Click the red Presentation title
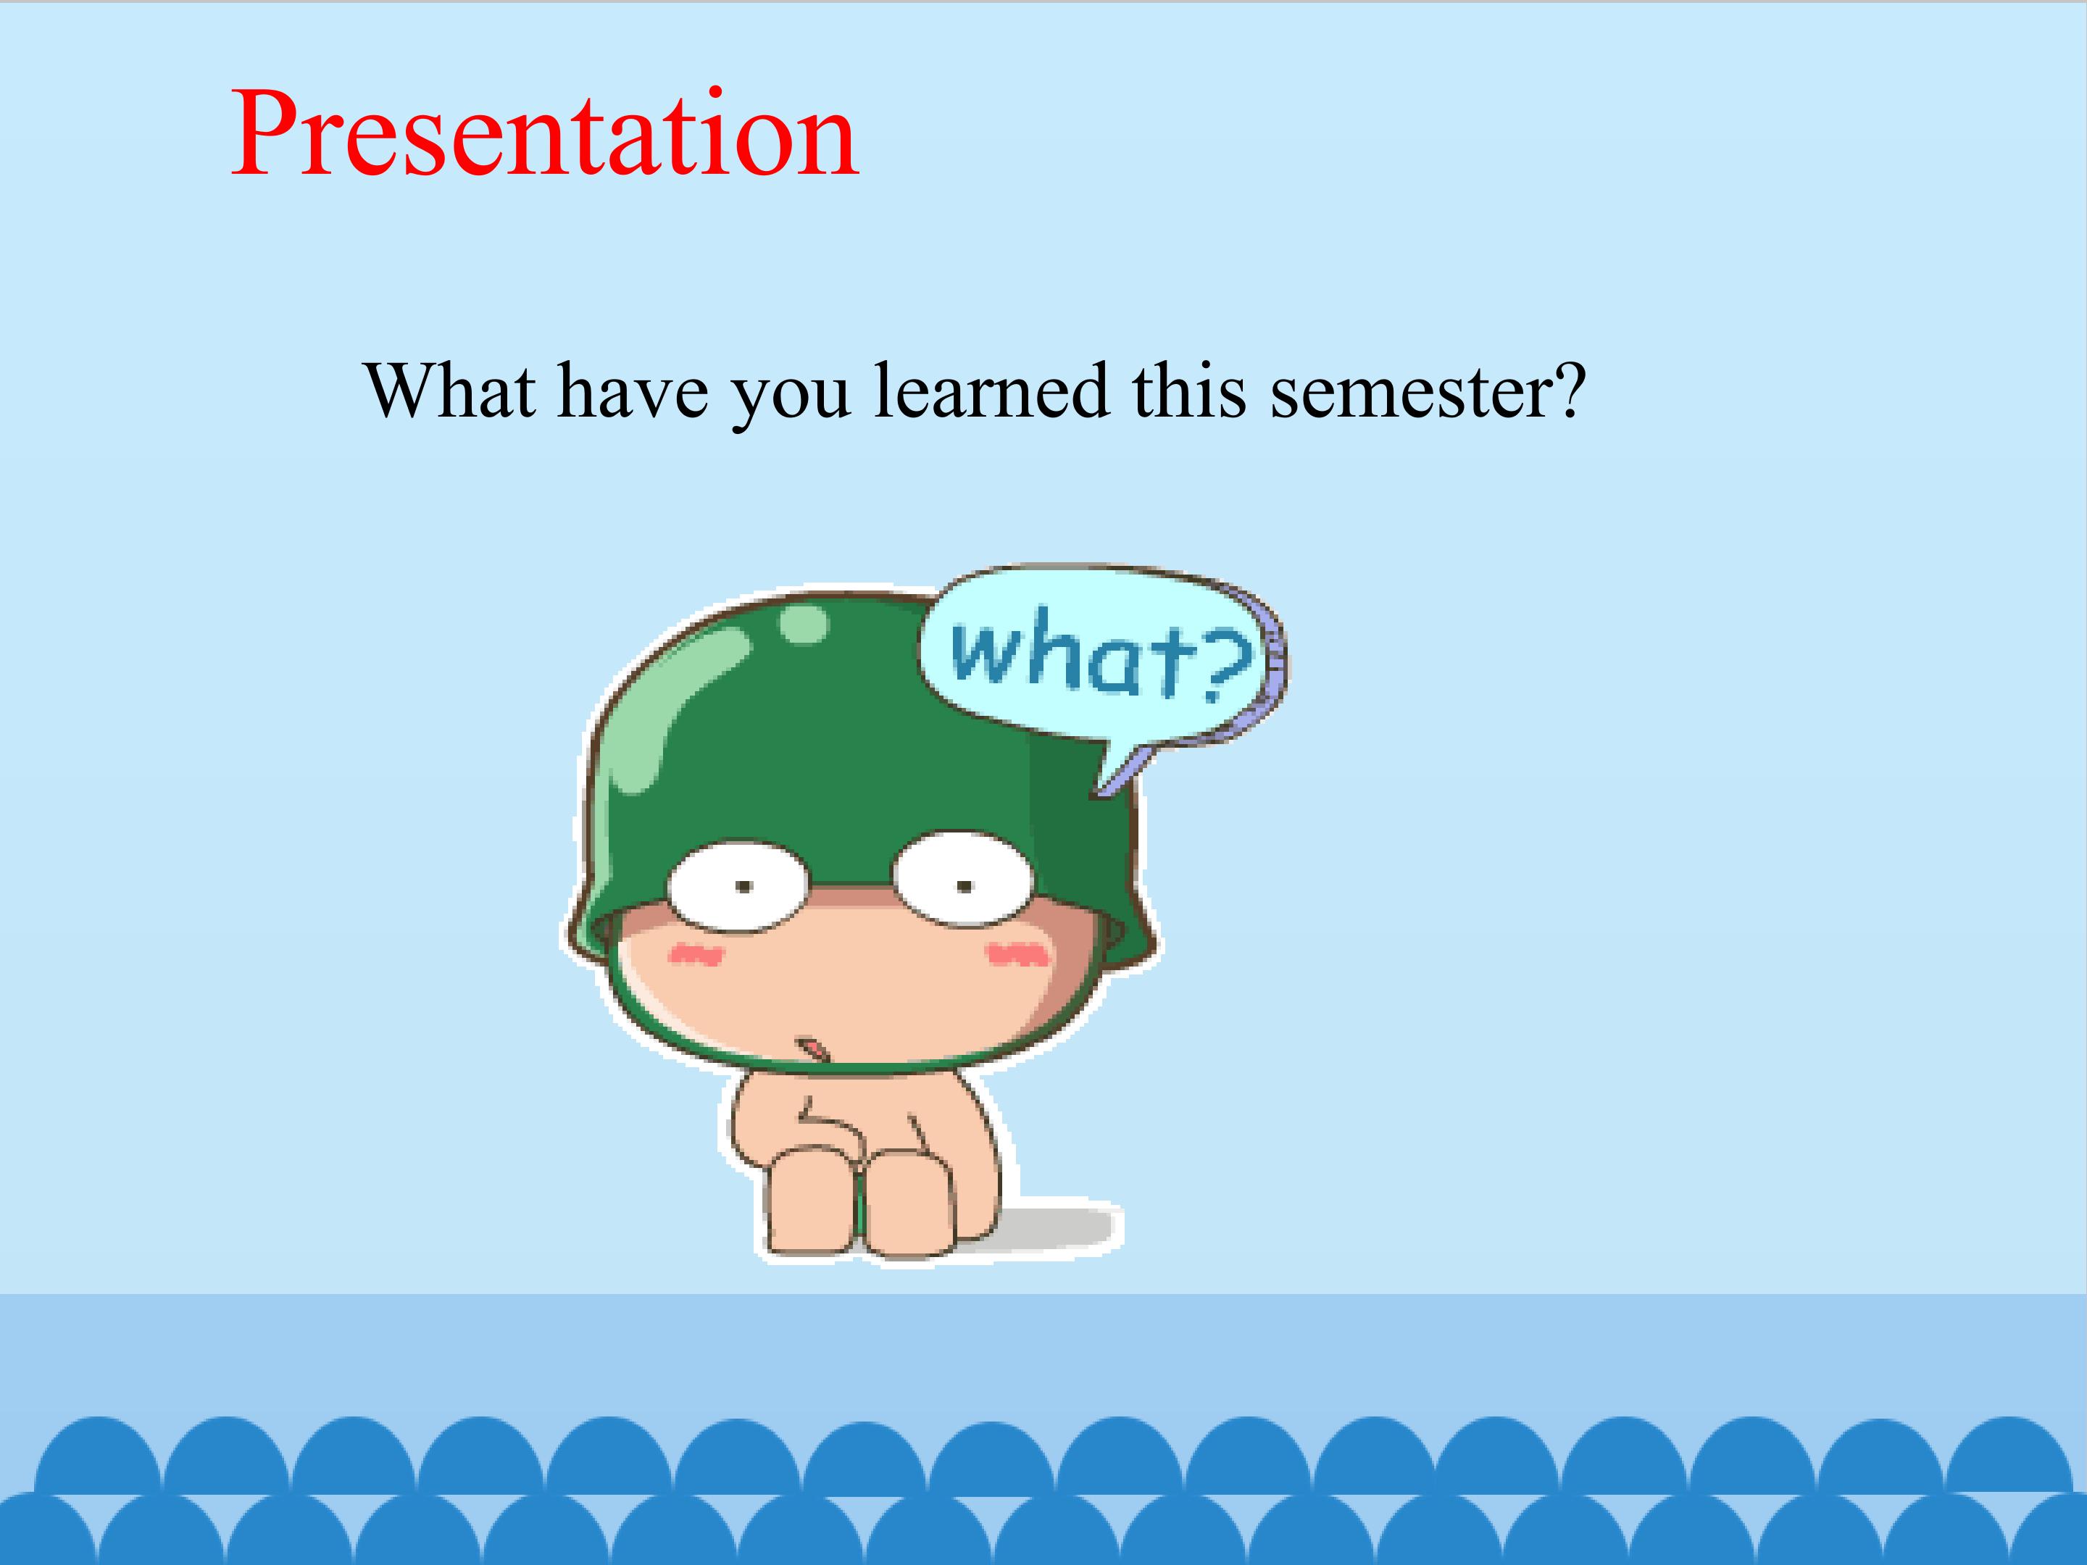tap(544, 134)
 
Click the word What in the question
tap(450, 390)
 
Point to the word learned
tap(991, 390)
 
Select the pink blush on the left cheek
tap(696, 956)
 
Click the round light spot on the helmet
tap(804, 625)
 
